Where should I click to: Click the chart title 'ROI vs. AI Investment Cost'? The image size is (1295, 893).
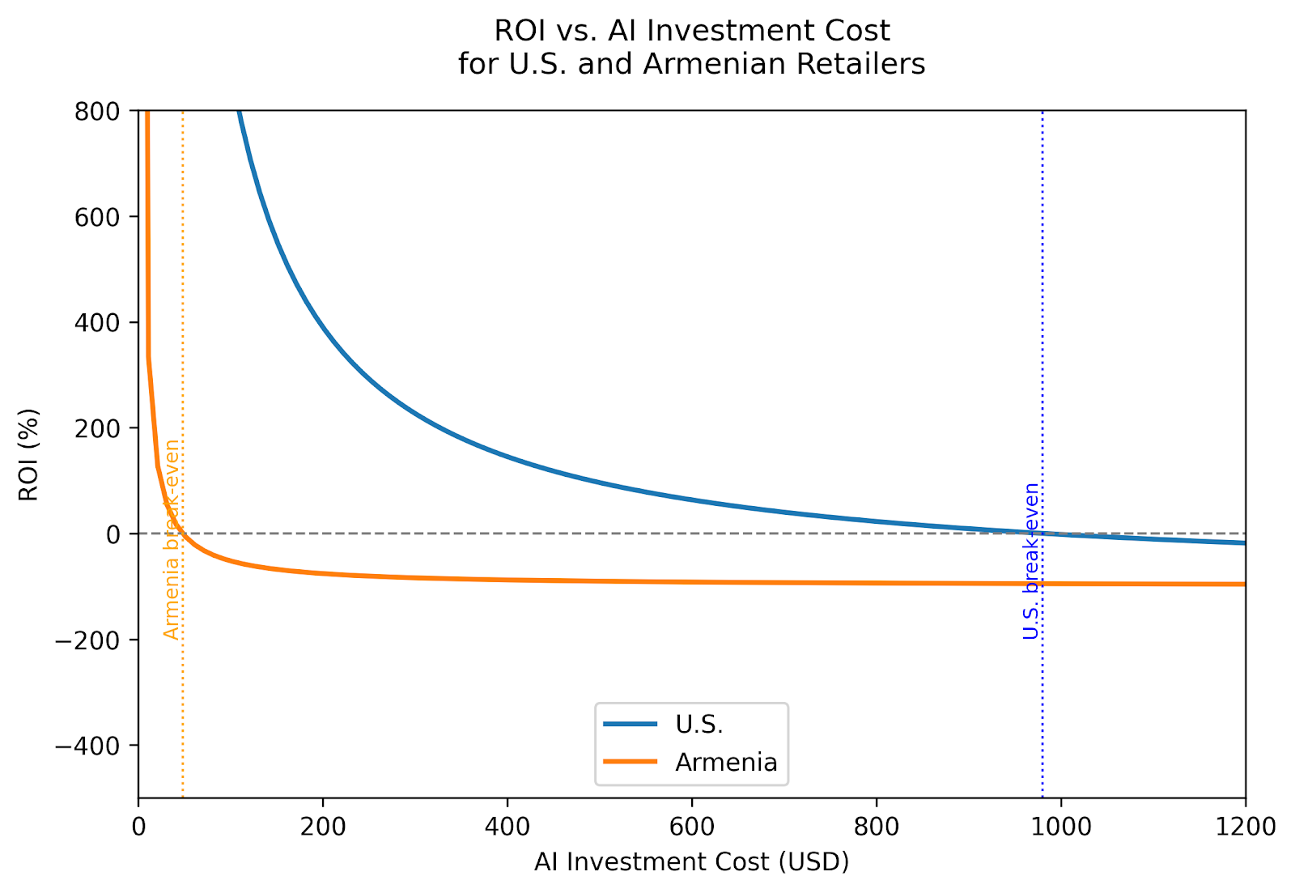tap(691, 31)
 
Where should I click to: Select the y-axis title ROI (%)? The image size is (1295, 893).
tap(29, 454)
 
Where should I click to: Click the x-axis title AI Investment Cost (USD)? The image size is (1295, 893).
tap(691, 862)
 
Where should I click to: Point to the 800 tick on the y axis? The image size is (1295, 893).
tap(97, 111)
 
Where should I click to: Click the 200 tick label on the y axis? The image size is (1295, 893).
tap(97, 428)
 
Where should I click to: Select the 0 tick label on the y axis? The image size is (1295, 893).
tap(113, 534)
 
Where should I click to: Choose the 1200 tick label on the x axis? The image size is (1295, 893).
tap(1245, 827)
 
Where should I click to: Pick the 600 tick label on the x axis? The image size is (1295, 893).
tap(692, 827)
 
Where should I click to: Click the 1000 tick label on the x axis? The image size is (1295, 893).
tap(1061, 827)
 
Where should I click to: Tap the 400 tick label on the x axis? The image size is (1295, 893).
tap(507, 827)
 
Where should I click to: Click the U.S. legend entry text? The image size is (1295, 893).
tap(699, 725)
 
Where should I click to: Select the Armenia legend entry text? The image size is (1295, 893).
tap(726, 763)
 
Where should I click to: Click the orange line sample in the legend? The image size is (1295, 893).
tap(631, 763)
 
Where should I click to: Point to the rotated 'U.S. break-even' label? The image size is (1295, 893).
tap(1030, 560)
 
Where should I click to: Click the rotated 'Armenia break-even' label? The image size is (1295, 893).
tap(171, 539)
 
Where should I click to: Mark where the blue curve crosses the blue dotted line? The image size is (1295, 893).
tap(1042, 534)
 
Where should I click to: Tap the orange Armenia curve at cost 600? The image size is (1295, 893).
tap(692, 581)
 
